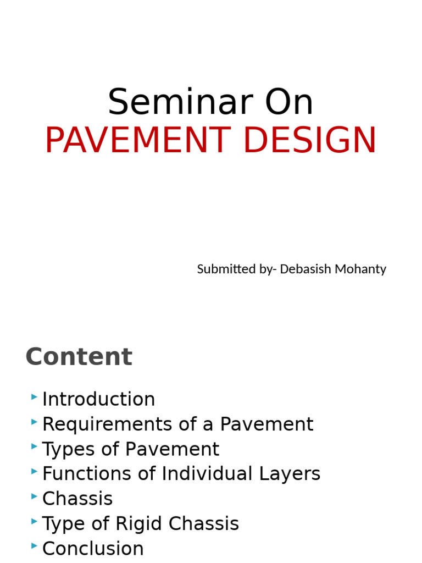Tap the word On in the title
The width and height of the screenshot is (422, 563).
click(x=289, y=102)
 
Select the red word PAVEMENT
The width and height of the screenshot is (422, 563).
click(x=135, y=141)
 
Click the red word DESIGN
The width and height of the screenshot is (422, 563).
click(x=309, y=141)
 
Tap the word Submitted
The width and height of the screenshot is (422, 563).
click(x=223, y=269)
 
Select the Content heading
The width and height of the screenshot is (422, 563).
click(x=79, y=357)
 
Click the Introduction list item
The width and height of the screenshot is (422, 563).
click(x=98, y=399)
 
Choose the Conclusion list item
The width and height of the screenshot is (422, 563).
click(x=93, y=549)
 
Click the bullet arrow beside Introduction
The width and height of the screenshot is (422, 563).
click(x=35, y=396)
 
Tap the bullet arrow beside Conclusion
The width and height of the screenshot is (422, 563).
click(x=35, y=546)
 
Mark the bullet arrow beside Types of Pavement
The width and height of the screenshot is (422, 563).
click(x=35, y=446)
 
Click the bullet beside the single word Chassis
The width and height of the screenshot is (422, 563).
click(x=35, y=496)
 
